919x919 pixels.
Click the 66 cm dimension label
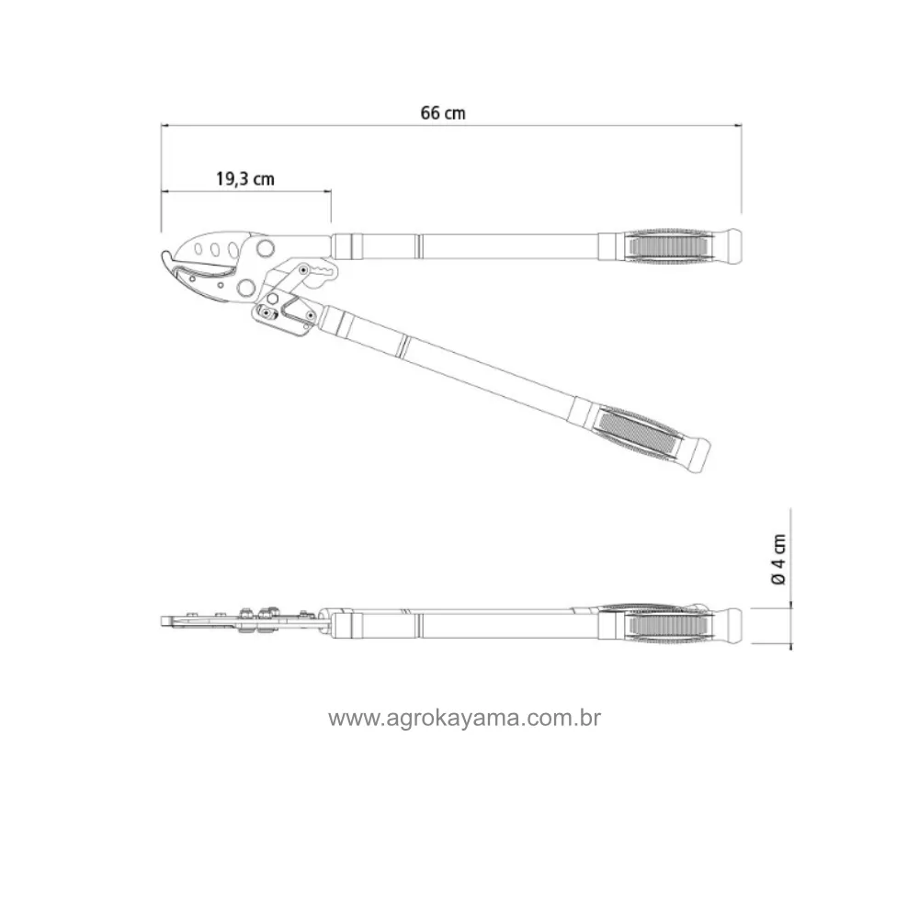[x=443, y=112]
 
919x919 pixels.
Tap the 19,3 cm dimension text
[x=245, y=178]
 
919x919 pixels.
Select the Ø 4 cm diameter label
[x=778, y=559]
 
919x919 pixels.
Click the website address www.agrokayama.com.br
[x=464, y=718]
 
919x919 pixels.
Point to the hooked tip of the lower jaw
[x=166, y=258]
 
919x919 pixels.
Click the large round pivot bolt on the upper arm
[x=265, y=247]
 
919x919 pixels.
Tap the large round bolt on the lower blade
[x=245, y=287]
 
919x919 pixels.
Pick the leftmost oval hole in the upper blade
[x=199, y=249]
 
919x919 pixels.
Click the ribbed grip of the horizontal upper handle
[x=668, y=246]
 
